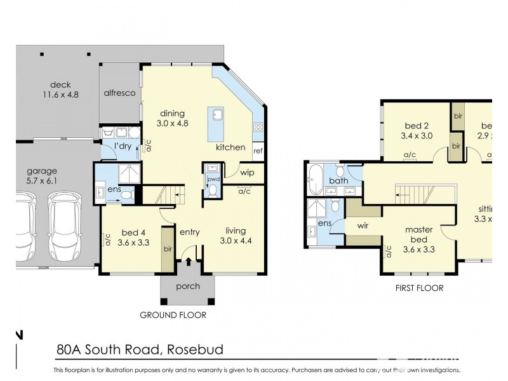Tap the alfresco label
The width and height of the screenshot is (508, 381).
[120, 92]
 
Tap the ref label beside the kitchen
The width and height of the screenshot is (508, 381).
[258, 151]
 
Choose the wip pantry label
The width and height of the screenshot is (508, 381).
[247, 172]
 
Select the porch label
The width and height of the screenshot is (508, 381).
[187, 286]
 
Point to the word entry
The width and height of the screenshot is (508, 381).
[189, 232]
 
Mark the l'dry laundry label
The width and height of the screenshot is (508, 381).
[122, 147]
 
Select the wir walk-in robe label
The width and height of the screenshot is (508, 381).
[363, 225]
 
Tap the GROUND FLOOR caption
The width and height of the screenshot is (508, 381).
[173, 314]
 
